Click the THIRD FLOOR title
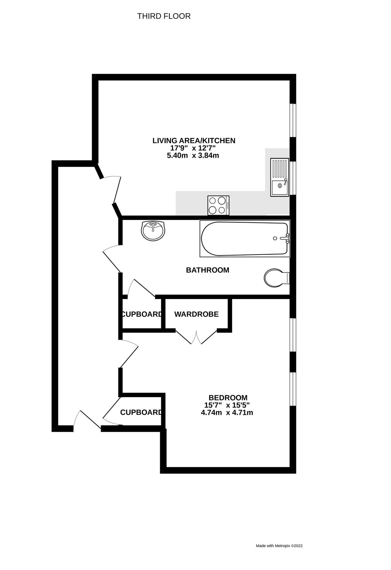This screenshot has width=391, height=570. point(164,16)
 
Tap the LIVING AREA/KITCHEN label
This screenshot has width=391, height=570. point(194,140)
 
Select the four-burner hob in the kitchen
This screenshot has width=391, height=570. point(218,205)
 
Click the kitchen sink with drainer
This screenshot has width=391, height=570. point(279,177)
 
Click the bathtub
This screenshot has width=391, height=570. point(244,239)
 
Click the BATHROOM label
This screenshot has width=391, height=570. point(207,270)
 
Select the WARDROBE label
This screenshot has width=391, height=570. point(196,314)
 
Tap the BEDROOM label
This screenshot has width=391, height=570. point(228,397)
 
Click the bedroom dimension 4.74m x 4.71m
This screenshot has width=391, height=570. point(227,413)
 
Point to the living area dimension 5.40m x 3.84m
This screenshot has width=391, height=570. point(193,155)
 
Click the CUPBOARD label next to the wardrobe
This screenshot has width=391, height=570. point(142,314)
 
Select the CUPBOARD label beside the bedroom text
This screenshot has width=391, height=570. point(141,412)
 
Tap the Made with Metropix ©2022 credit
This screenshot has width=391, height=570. point(279,546)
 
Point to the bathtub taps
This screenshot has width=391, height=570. point(287,238)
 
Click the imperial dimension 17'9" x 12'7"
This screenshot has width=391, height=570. point(193,148)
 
